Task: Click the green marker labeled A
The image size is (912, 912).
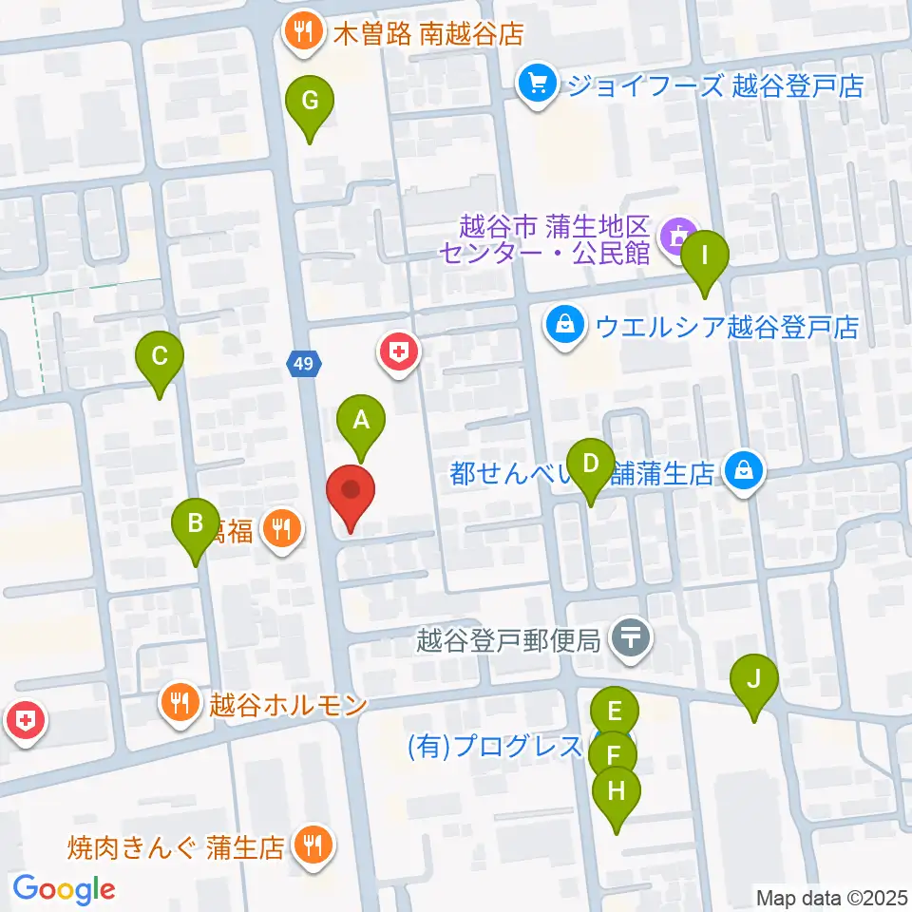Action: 361,420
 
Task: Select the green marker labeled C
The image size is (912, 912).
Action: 160,357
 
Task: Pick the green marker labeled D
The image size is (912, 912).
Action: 590,465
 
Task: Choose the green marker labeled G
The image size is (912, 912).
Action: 310,100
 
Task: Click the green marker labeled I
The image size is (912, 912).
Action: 704,256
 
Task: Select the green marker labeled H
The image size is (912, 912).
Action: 617,791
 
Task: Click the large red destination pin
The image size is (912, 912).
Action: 351,491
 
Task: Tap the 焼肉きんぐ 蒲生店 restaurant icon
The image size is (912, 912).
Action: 310,845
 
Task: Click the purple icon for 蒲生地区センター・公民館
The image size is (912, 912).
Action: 679,231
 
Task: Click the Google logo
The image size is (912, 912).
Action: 64,889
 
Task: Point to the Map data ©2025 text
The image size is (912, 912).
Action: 831,896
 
